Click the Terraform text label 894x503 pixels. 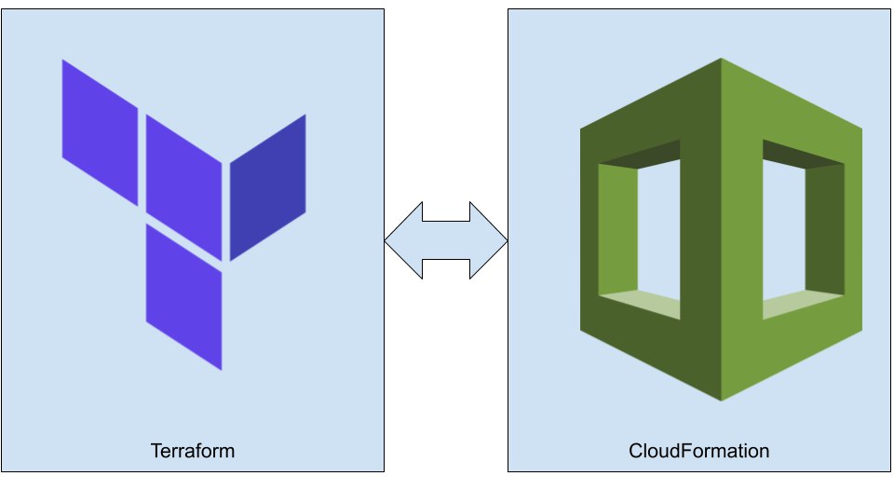(x=193, y=452)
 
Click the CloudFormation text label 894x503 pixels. (x=699, y=452)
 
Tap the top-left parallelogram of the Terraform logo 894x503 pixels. (x=100, y=131)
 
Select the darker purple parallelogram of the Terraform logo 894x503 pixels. (x=268, y=187)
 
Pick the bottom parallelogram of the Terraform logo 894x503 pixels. (x=183, y=296)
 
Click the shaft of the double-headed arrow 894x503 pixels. (x=446, y=241)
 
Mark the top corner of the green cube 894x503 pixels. (x=721, y=60)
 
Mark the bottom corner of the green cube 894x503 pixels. (x=721, y=400)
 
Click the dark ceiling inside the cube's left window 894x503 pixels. (x=643, y=154)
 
